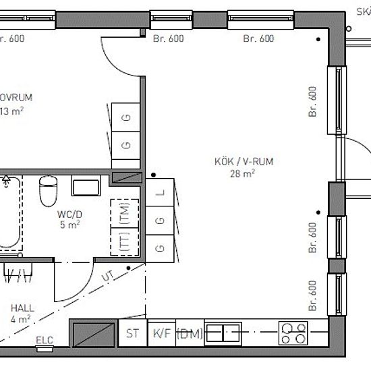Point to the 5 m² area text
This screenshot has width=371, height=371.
(x=70, y=225)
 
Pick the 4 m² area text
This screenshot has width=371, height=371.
(x=21, y=319)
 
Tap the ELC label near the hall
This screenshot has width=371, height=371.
(x=45, y=339)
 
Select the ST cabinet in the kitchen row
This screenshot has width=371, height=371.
(x=132, y=333)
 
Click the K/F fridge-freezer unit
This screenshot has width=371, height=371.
(x=161, y=333)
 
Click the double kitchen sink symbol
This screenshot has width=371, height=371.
(x=223, y=332)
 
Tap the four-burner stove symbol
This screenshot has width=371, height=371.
(x=294, y=333)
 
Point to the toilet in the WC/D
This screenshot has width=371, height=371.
(x=48, y=192)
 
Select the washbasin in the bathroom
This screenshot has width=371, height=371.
(x=86, y=187)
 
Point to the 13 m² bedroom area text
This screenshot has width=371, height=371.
(x=13, y=111)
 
